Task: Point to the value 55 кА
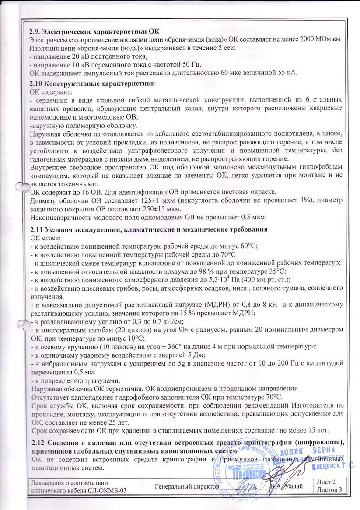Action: pos(287,73)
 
